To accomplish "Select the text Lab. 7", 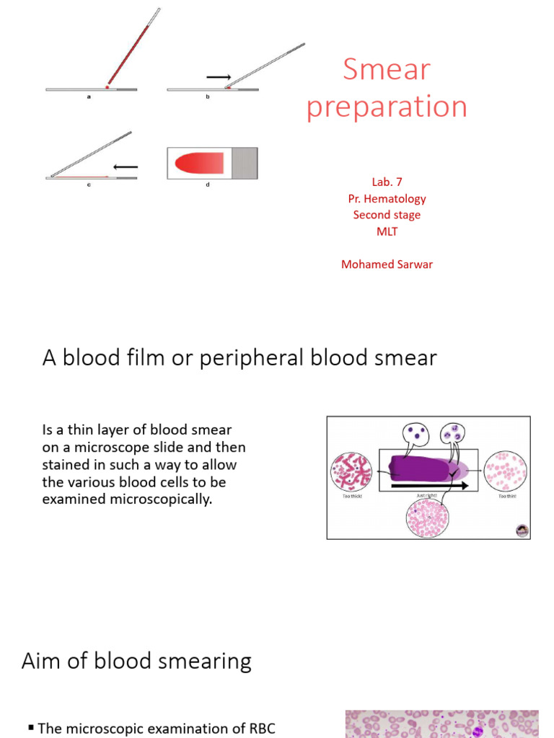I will pyautogui.click(x=387, y=182).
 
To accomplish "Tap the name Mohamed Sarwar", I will pyautogui.click(x=387, y=264).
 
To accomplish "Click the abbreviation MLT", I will pyautogui.click(x=387, y=231).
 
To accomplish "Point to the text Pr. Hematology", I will pyautogui.click(x=387, y=198).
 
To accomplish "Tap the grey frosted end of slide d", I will pyautogui.click(x=244, y=163).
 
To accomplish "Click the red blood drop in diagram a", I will pyautogui.click(x=107, y=86).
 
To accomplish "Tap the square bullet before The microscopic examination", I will pyautogui.click(x=31, y=729).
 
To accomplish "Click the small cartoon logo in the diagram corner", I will pyautogui.click(x=522, y=530).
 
